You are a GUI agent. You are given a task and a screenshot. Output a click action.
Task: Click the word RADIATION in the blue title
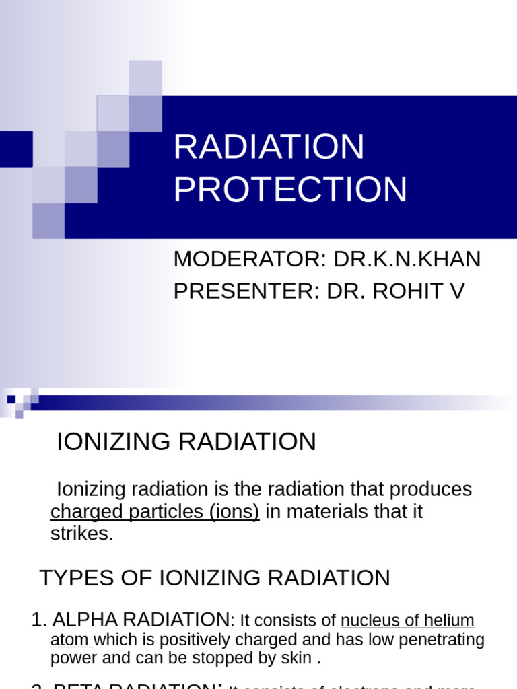coord(269,147)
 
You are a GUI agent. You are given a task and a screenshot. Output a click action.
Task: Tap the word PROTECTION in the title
coord(290,190)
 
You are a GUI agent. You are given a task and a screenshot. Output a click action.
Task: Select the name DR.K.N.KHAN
coord(407,259)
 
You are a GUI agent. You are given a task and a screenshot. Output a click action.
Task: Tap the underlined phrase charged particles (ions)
coord(155,511)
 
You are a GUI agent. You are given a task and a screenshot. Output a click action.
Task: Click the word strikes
coord(81,534)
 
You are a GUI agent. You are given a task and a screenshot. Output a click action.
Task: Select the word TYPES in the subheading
coord(72,578)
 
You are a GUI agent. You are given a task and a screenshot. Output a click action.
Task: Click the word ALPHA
coord(85,620)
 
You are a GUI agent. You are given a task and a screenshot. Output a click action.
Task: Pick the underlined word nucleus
coord(369,620)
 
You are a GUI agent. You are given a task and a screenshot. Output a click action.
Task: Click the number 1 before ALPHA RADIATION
coord(37,620)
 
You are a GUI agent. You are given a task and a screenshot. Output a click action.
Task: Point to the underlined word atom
coord(69,639)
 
